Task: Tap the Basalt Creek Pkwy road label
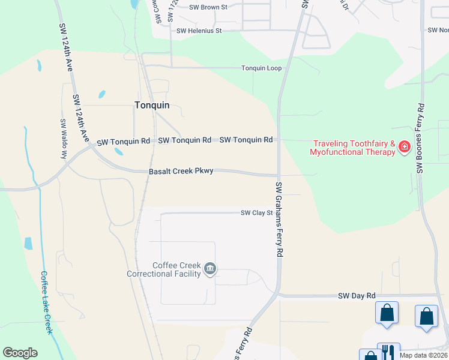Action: coord(181,172)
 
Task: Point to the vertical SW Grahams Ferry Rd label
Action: coord(279,220)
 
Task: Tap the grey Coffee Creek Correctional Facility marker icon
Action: coord(210,269)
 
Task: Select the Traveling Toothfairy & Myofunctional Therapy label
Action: coord(352,148)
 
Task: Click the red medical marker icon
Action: coord(405,147)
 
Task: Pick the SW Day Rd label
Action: coord(357,296)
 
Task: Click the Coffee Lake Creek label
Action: coord(47,302)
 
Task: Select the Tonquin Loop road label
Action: coord(261,68)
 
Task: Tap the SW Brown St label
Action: coord(208,7)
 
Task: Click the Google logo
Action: coord(20,353)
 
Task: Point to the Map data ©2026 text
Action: coord(423,355)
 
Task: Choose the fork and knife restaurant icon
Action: coord(388,352)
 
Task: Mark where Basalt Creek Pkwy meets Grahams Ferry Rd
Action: coord(278,176)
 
